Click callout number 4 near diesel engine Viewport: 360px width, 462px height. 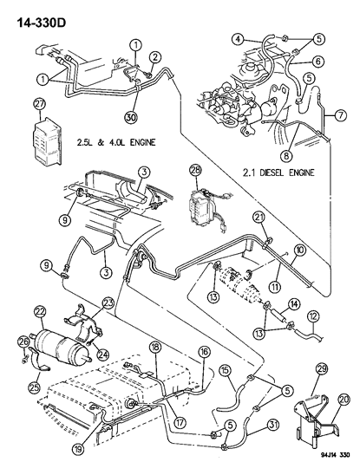237,37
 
